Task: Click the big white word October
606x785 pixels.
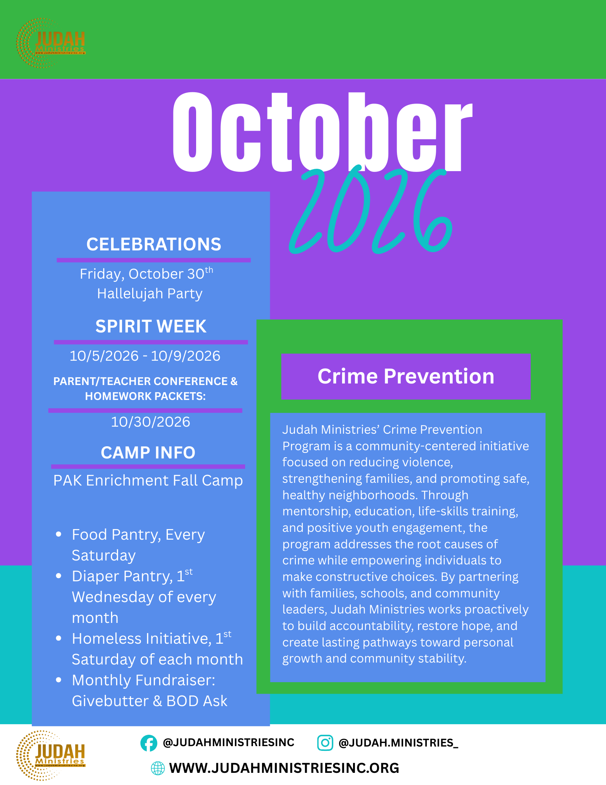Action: point(322,132)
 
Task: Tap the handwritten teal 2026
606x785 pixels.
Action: point(371,210)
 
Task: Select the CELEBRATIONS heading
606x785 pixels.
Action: point(154,244)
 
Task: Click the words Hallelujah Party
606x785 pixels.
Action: point(150,294)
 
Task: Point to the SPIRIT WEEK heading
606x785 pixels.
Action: point(151,327)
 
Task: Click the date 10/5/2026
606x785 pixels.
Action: point(104,356)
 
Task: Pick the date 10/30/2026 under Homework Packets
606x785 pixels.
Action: point(151,422)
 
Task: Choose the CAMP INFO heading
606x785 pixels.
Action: point(148,453)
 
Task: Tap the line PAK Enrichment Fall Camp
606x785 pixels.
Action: point(148,481)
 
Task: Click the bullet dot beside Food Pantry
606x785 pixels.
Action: point(59,535)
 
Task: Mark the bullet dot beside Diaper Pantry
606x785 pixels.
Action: point(59,576)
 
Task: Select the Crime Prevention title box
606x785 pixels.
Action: point(406,376)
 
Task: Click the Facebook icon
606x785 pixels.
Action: point(149,743)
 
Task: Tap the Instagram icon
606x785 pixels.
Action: point(325,743)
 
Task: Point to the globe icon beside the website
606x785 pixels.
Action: point(158,768)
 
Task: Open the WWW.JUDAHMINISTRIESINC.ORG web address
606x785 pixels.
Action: point(284,768)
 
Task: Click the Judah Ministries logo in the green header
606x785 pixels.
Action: point(51,43)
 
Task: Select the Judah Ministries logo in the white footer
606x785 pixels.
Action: point(51,756)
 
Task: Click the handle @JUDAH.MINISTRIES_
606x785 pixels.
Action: point(399,743)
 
